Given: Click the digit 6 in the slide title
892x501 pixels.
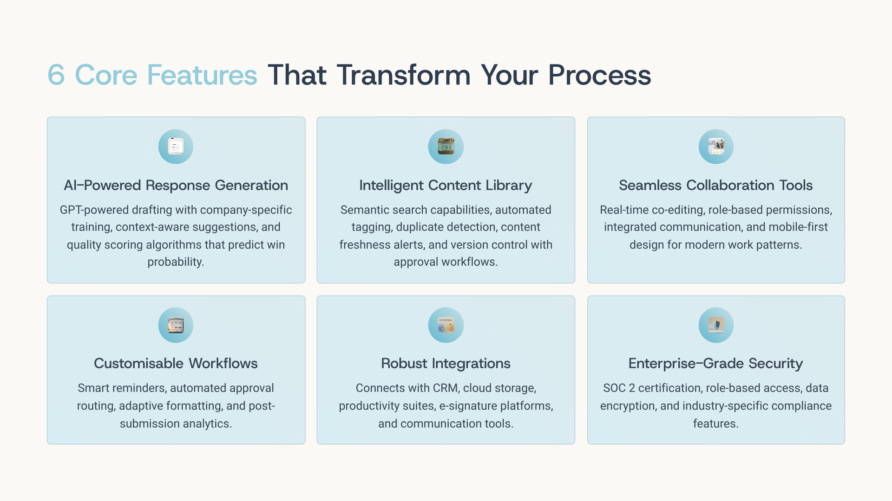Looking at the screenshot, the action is pos(56,75).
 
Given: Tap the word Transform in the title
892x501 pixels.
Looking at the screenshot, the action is pos(404,75).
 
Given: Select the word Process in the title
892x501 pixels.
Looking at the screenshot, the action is pos(599,75).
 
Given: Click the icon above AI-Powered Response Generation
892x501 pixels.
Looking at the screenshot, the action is pos(176,147).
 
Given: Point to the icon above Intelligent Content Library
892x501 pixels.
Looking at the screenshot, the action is pos(446,147).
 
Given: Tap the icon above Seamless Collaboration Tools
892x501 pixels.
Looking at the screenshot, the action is pos(716,147).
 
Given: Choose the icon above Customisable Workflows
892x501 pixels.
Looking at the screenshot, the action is pos(176,325).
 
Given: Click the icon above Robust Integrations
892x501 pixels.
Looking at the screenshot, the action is pos(446,325).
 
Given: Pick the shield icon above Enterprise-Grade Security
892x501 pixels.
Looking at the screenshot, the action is pos(716,325).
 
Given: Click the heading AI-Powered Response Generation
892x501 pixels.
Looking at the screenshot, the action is pos(176,186).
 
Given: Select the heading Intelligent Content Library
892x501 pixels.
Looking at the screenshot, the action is pos(446,186).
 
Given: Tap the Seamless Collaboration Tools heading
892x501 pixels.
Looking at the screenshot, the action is pos(716,186).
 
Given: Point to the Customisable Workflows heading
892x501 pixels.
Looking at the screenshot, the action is pos(176,364).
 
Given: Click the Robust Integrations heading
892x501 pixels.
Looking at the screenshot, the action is pos(446,364).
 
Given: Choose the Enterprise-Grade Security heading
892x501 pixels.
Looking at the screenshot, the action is pos(716,364).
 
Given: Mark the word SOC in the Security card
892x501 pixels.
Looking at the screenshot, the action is pos(614,388).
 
